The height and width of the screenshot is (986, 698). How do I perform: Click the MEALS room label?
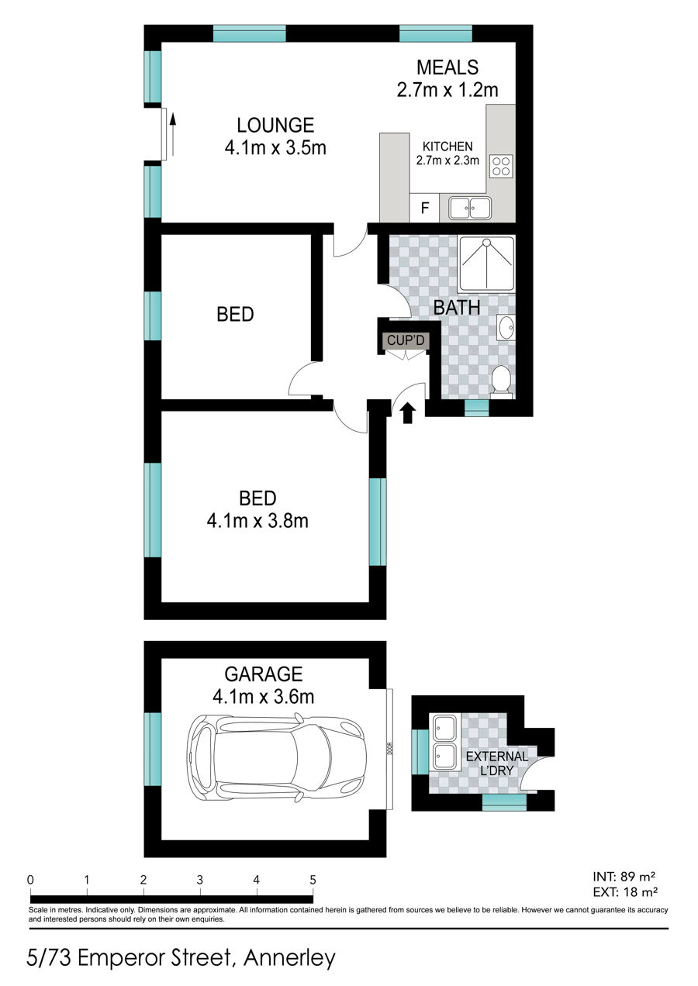(x=447, y=67)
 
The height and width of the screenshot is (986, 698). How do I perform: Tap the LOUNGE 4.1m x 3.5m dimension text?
(x=275, y=147)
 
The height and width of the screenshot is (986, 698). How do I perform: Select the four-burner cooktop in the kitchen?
(x=501, y=167)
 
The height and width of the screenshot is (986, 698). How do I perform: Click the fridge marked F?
(x=424, y=208)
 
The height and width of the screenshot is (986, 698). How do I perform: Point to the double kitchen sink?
(x=470, y=208)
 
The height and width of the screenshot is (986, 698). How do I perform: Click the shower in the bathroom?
(x=486, y=264)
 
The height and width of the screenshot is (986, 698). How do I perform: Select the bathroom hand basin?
(x=506, y=327)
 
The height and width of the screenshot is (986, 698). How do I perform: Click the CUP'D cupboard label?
(x=406, y=340)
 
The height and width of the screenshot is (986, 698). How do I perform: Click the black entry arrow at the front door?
(x=408, y=413)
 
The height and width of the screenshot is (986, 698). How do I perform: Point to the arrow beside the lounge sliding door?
(x=173, y=135)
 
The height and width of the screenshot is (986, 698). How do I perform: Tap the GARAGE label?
(x=264, y=674)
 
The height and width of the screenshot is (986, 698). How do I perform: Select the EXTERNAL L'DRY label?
(x=497, y=764)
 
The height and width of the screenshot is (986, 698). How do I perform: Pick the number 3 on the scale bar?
(x=200, y=880)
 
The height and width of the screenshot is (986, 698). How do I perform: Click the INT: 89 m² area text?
(x=624, y=877)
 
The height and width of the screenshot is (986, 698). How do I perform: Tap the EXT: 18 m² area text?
(x=625, y=892)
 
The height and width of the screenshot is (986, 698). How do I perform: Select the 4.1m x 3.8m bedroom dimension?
(x=257, y=521)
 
